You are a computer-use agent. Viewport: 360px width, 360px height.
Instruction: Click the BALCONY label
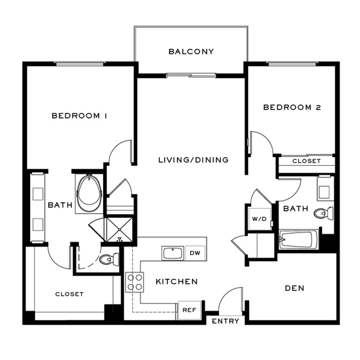click(x=191, y=52)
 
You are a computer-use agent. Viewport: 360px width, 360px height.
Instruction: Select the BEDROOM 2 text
click(x=292, y=107)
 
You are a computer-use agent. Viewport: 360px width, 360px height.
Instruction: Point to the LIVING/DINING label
click(x=193, y=160)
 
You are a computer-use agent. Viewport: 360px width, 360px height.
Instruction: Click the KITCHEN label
click(x=176, y=282)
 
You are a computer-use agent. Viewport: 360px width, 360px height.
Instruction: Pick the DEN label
click(x=294, y=288)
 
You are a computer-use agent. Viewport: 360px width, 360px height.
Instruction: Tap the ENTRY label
click(x=226, y=321)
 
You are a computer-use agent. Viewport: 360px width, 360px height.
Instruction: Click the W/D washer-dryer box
click(x=256, y=219)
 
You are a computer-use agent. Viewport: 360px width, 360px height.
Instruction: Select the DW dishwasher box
click(x=195, y=253)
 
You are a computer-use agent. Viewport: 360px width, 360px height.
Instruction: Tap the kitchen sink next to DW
click(x=172, y=253)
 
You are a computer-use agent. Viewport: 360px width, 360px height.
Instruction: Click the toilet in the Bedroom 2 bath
click(x=324, y=213)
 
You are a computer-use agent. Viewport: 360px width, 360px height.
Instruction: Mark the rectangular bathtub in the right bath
click(x=298, y=240)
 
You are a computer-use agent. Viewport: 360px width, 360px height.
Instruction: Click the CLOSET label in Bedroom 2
click(x=306, y=161)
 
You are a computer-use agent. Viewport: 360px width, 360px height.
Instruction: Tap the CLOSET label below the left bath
click(x=70, y=294)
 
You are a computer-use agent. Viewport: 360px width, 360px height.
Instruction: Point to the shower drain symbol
click(x=119, y=240)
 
